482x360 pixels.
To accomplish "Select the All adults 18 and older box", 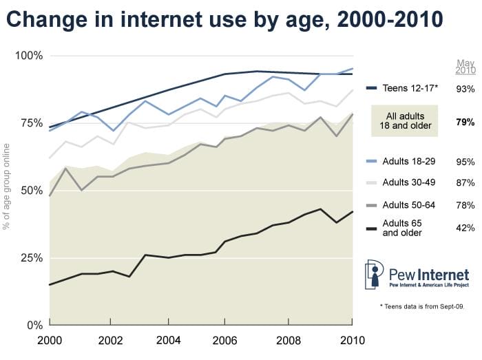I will point(408,120).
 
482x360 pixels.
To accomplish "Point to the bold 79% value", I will point(465,122).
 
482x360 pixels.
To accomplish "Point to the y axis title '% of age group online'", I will point(8,186).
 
